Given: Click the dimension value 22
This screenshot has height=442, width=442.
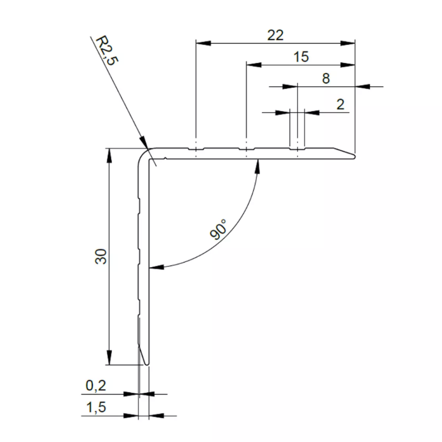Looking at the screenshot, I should (x=275, y=35).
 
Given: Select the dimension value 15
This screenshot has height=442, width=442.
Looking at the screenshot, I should (x=300, y=57).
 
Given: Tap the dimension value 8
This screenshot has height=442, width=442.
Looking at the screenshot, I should (x=325, y=79).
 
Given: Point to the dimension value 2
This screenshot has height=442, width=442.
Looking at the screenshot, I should (x=340, y=104).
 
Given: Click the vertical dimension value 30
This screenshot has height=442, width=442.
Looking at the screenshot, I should (x=101, y=256).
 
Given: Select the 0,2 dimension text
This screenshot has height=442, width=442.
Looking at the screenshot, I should (x=95, y=386).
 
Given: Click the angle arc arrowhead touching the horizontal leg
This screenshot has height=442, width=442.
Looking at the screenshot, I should (x=257, y=164).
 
